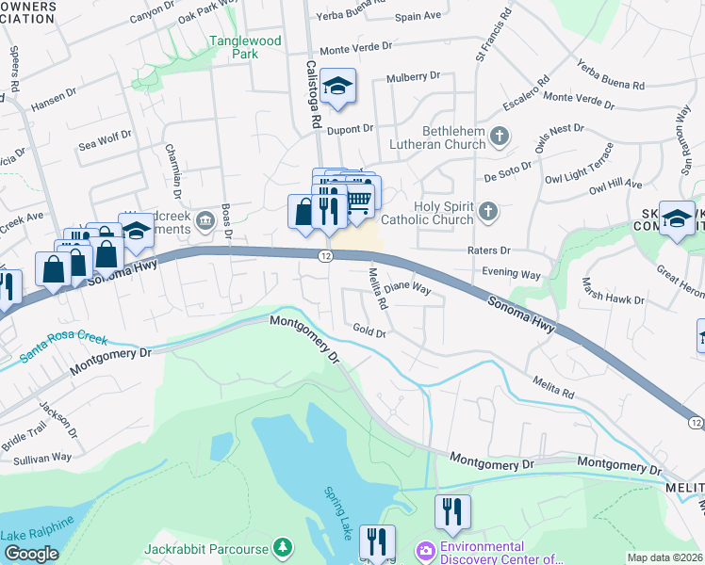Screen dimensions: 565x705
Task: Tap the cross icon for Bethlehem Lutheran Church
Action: point(500,138)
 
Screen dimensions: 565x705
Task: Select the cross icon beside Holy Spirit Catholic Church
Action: point(487,212)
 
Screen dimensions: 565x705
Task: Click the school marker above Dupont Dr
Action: point(337,88)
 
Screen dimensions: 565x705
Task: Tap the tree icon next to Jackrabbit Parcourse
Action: point(282,547)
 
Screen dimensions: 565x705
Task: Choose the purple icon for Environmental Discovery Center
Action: point(425,549)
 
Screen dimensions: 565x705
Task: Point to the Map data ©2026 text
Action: point(664,557)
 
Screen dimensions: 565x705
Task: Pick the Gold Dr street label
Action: point(369,331)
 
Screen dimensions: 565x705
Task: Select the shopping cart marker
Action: point(358,201)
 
